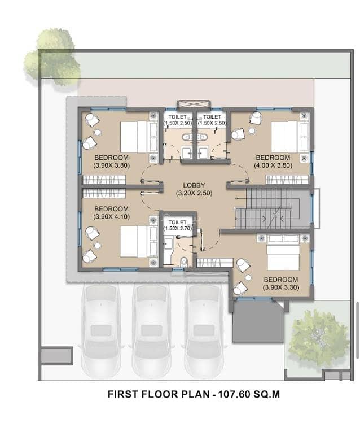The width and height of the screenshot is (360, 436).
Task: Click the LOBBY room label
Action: (194, 185)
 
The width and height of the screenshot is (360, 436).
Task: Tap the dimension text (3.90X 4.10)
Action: (112, 217)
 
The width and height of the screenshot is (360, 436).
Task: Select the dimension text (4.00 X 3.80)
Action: (273, 165)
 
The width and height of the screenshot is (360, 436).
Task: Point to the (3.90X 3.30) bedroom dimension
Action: (281, 287)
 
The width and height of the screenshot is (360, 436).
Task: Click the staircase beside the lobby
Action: (272, 208)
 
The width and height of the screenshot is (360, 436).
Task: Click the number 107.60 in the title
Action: (234, 394)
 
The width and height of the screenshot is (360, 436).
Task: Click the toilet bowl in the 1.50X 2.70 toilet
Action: (183, 261)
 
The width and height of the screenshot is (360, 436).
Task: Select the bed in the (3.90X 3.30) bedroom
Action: (283, 253)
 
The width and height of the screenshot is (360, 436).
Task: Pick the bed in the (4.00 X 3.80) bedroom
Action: (289, 137)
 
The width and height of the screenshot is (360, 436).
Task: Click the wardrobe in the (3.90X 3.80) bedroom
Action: (104, 180)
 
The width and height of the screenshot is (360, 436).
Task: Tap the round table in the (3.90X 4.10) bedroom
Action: (97, 246)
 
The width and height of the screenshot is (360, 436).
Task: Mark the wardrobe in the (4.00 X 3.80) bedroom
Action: (287, 180)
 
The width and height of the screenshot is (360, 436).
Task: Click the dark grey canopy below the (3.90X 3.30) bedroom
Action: (258, 322)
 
